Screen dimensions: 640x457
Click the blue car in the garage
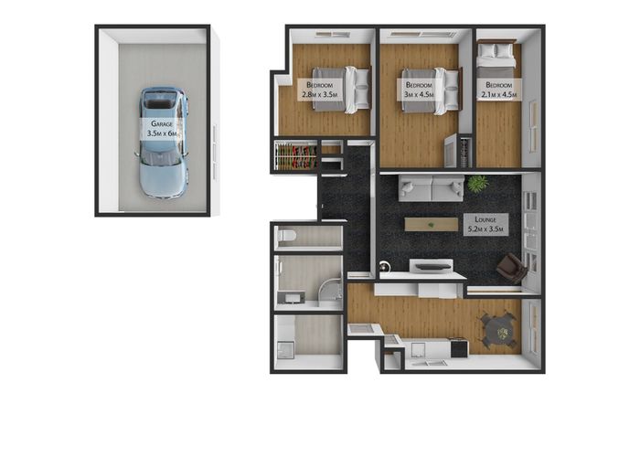pyautogui.click(x=162, y=142)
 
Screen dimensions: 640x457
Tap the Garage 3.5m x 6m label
pyautogui.click(x=162, y=129)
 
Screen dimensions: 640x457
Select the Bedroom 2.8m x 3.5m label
pyautogui.click(x=320, y=90)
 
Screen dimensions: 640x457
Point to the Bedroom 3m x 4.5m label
pyautogui.click(x=419, y=90)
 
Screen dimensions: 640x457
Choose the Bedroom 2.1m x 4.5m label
pyautogui.click(x=499, y=90)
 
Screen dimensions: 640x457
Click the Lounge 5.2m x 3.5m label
pyautogui.click(x=485, y=224)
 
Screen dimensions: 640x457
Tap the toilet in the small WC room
pyautogui.click(x=285, y=236)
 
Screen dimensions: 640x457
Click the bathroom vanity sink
pyautogui.click(x=291, y=297)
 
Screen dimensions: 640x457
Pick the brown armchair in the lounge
pyautogui.click(x=512, y=268)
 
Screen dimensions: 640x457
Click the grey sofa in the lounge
pyautogui.click(x=431, y=188)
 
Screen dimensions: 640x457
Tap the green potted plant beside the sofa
pyautogui.click(x=477, y=183)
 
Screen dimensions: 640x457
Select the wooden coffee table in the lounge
pyautogui.click(x=432, y=225)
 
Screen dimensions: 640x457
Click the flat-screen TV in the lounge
pyautogui.click(x=433, y=267)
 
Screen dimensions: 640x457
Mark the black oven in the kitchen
pyautogui.click(x=460, y=347)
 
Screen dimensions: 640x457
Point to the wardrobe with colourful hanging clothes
pyautogui.click(x=296, y=155)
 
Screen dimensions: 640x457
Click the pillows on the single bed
pyautogui.click(x=496, y=50)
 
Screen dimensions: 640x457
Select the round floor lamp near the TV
pyautogui.click(x=384, y=266)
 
